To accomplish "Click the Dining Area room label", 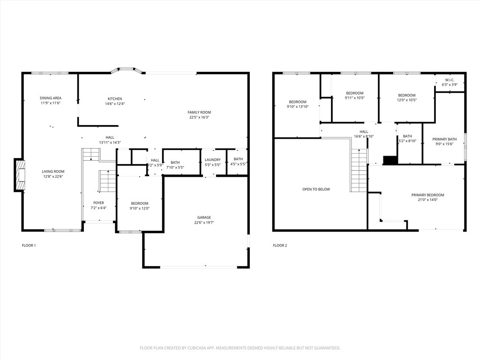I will click(51, 98).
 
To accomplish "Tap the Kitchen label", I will click(115, 99).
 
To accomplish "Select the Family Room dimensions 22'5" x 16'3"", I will click(199, 118).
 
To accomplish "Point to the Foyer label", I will click(98, 203).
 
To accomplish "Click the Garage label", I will click(204, 217).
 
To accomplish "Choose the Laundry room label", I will click(212, 160).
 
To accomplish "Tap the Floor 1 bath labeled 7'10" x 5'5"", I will click(175, 163).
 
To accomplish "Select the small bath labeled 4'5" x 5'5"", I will click(238, 159).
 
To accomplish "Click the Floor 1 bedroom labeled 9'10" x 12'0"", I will click(139, 203).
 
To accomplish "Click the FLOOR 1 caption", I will click(29, 246).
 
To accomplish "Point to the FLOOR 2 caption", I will click(280, 246).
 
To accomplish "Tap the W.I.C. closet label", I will click(450, 80).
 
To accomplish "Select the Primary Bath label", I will click(444, 139).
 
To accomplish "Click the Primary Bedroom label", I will click(427, 195).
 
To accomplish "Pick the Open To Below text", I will click(316, 189).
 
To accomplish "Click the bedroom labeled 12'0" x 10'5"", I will click(406, 95).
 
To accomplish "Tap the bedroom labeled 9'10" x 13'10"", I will click(298, 102).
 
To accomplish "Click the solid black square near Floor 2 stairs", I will click(390, 160).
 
